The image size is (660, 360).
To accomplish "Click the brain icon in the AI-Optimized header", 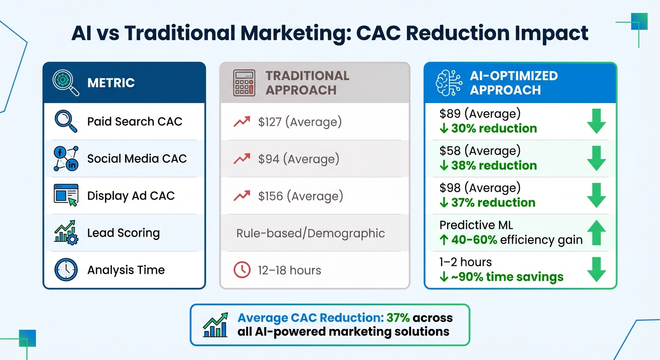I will click(x=449, y=83).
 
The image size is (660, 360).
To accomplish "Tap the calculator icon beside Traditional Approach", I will click(x=244, y=83).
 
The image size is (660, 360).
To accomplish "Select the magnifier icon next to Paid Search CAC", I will click(x=66, y=121).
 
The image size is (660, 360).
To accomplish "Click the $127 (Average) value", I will click(x=300, y=122).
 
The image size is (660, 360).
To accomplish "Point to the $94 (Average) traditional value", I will click(x=298, y=159).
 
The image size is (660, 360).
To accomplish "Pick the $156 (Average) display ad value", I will click(x=300, y=196).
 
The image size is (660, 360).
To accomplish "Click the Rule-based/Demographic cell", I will click(x=310, y=233).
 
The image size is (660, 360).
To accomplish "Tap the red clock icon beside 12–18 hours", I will click(x=242, y=270).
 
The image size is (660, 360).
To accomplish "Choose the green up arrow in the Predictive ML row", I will click(x=596, y=233).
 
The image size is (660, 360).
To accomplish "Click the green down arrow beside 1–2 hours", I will click(x=596, y=270).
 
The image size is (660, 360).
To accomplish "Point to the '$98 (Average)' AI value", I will click(x=480, y=188).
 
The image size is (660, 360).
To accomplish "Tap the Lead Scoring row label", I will click(x=123, y=233).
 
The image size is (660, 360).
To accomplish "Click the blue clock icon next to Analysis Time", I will click(x=66, y=270).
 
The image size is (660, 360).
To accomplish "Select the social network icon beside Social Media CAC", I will click(x=66, y=158).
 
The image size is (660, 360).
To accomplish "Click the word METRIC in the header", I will click(x=111, y=83).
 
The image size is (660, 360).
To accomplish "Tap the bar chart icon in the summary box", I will click(x=216, y=325).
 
